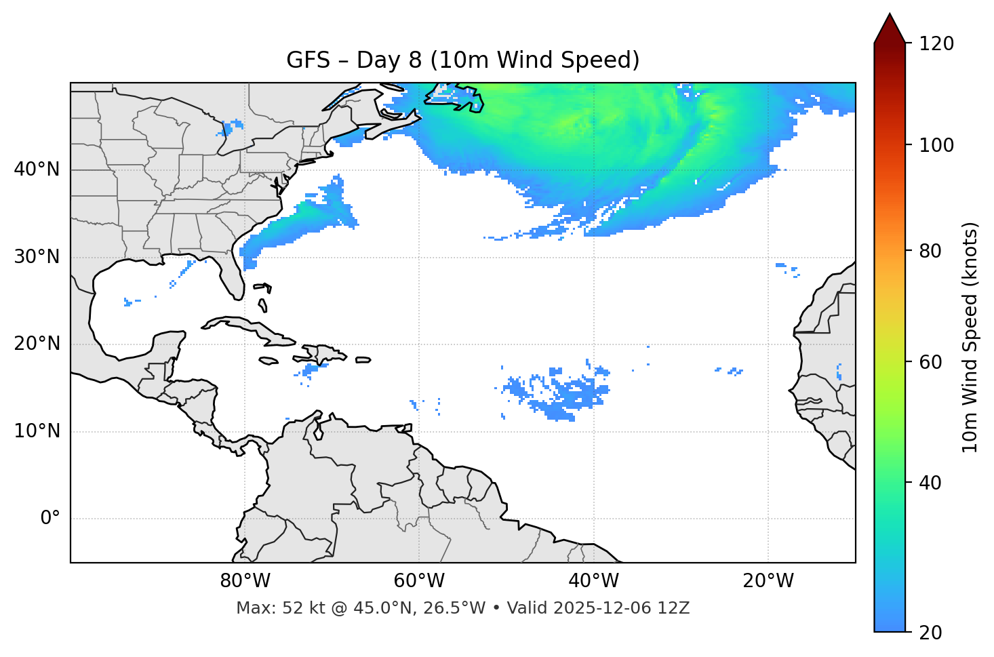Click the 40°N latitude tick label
coord(37,170)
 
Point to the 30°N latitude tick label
coord(37,257)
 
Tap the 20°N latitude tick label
coord(37,344)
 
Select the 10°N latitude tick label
coord(37,431)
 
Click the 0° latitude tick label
coord(50,519)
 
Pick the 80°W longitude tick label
coord(245,581)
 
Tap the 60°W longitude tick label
coord(419,581)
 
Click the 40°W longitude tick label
coord(593,581)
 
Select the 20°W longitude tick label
coord(768,581)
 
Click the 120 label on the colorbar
coord(936,43)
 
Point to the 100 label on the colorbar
coord(936,145)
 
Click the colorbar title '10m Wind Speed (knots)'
coord(970,337)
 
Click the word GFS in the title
coord(308,60)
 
